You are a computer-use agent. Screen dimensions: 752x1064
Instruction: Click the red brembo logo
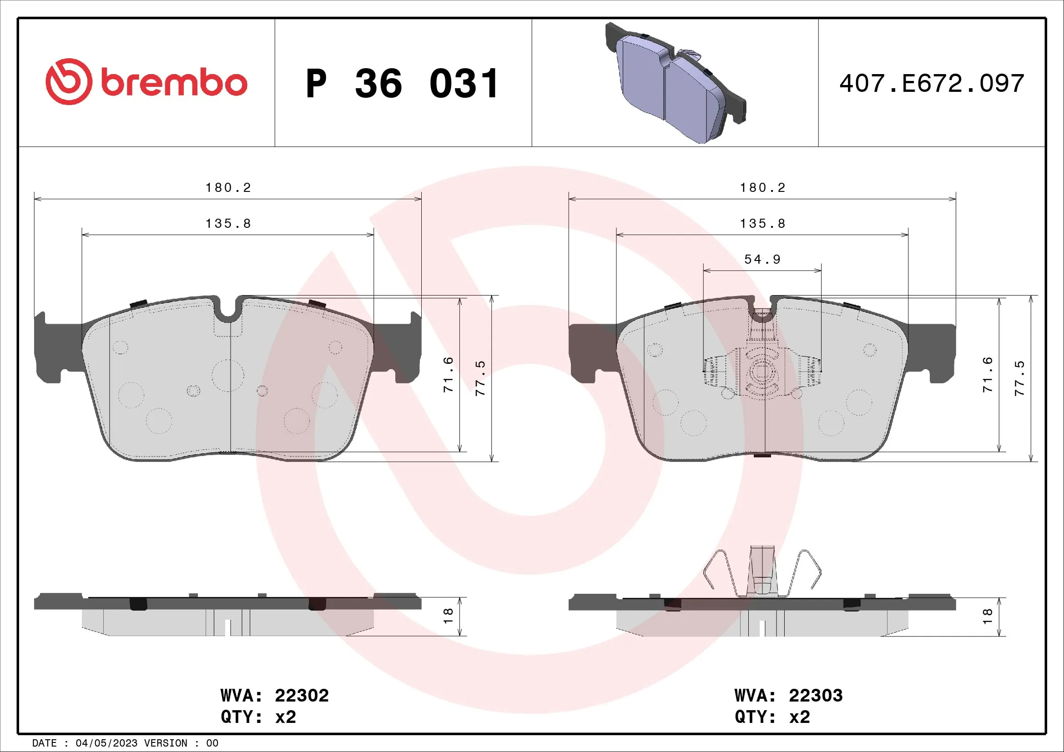[146, 82]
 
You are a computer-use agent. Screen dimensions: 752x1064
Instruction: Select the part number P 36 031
[402, 84]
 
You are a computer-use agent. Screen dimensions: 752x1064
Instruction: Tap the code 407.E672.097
[932, 84]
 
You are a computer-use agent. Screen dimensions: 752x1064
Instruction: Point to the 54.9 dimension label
[762, 259]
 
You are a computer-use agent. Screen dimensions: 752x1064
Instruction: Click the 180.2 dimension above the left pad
[228, 187]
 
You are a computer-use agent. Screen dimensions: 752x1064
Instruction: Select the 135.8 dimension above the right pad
[762, 224]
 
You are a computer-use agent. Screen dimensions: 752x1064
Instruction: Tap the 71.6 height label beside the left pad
[448, 375]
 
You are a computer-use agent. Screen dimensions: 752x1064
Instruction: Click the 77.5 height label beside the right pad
[1019, 378]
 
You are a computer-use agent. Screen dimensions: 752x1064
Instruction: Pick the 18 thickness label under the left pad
[448, 616]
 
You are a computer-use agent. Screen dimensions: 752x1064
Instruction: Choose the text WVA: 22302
[274, 696]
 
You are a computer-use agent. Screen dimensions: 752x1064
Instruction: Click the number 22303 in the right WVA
[816, 696]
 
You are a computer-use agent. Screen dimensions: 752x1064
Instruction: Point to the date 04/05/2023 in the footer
[106, 743]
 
